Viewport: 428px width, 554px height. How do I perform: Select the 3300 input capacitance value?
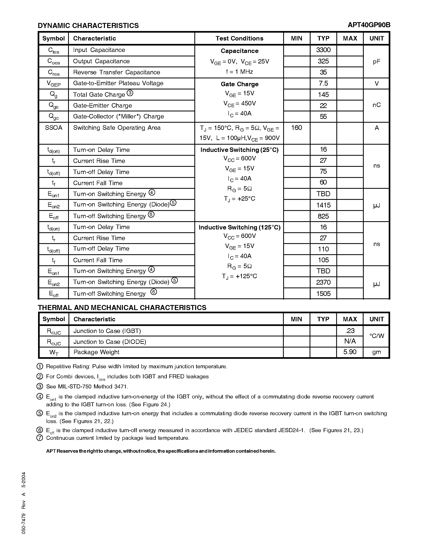coord(323,50)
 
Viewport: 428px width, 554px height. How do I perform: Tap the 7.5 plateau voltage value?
coord(323,83)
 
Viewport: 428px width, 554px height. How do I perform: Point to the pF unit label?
coord(376,61)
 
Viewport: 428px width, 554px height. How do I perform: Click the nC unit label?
coord(376,105)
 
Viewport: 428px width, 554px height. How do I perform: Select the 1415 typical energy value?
coord(323,205)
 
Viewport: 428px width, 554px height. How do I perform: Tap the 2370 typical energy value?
coord(323,282)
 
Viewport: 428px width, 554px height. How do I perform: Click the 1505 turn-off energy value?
coord(323,294)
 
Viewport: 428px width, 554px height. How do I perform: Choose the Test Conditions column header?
coord(239,38)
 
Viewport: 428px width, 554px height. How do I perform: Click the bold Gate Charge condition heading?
coord(239,84)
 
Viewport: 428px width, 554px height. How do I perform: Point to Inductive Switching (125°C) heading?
coord(239,227)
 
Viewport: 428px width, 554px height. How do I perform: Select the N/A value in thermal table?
coord(350,341)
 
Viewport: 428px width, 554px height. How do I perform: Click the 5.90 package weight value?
coord(350,352)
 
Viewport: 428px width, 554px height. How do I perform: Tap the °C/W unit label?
coord(376,336)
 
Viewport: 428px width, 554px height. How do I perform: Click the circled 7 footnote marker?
coord(40,438)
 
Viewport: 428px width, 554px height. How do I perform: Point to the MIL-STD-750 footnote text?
coord(87,387)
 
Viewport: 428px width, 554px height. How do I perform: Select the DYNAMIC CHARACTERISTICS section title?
coord(88,26)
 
